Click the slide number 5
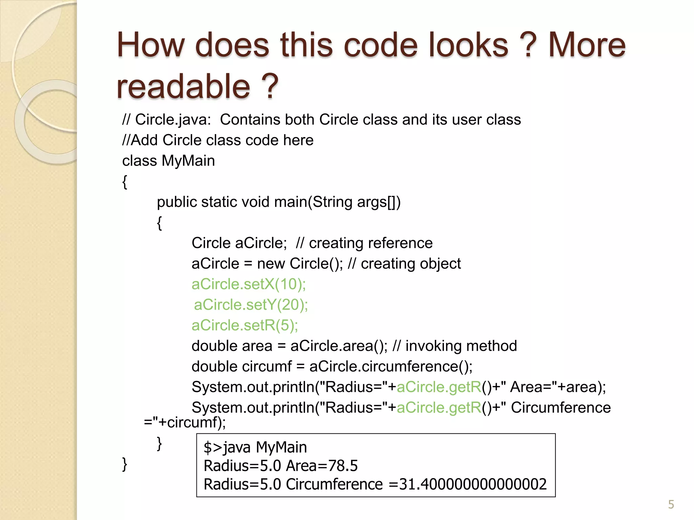pyautogui.click(x=671, y=504)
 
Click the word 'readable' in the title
pyautogui.click(x=183, y=86)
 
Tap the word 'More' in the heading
pyautogui.click(x=587, y=45)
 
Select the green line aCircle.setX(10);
pyautogui.click(x=248, y=284)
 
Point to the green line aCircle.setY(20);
pyautogui.click(x=251, y=305)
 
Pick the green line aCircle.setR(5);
pyautogui.click(x=245, y=325)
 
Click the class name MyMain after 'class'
pyautogui.click(x=188, y=161)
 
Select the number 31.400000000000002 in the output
pyautogui.click(x=473, y=484)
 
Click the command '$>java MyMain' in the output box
pyautogui.click(x=255, y=447)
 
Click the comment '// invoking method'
pyautogui.click(x=454, y=346)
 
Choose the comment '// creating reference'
pyautogui.click(x=364, y=243)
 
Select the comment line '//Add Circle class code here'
pyautogui.click(x=218, y=140)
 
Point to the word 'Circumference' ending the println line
pyautogui.click(x=560, y=408)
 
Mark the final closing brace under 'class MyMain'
pyautogui.click(x=125, y=464)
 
